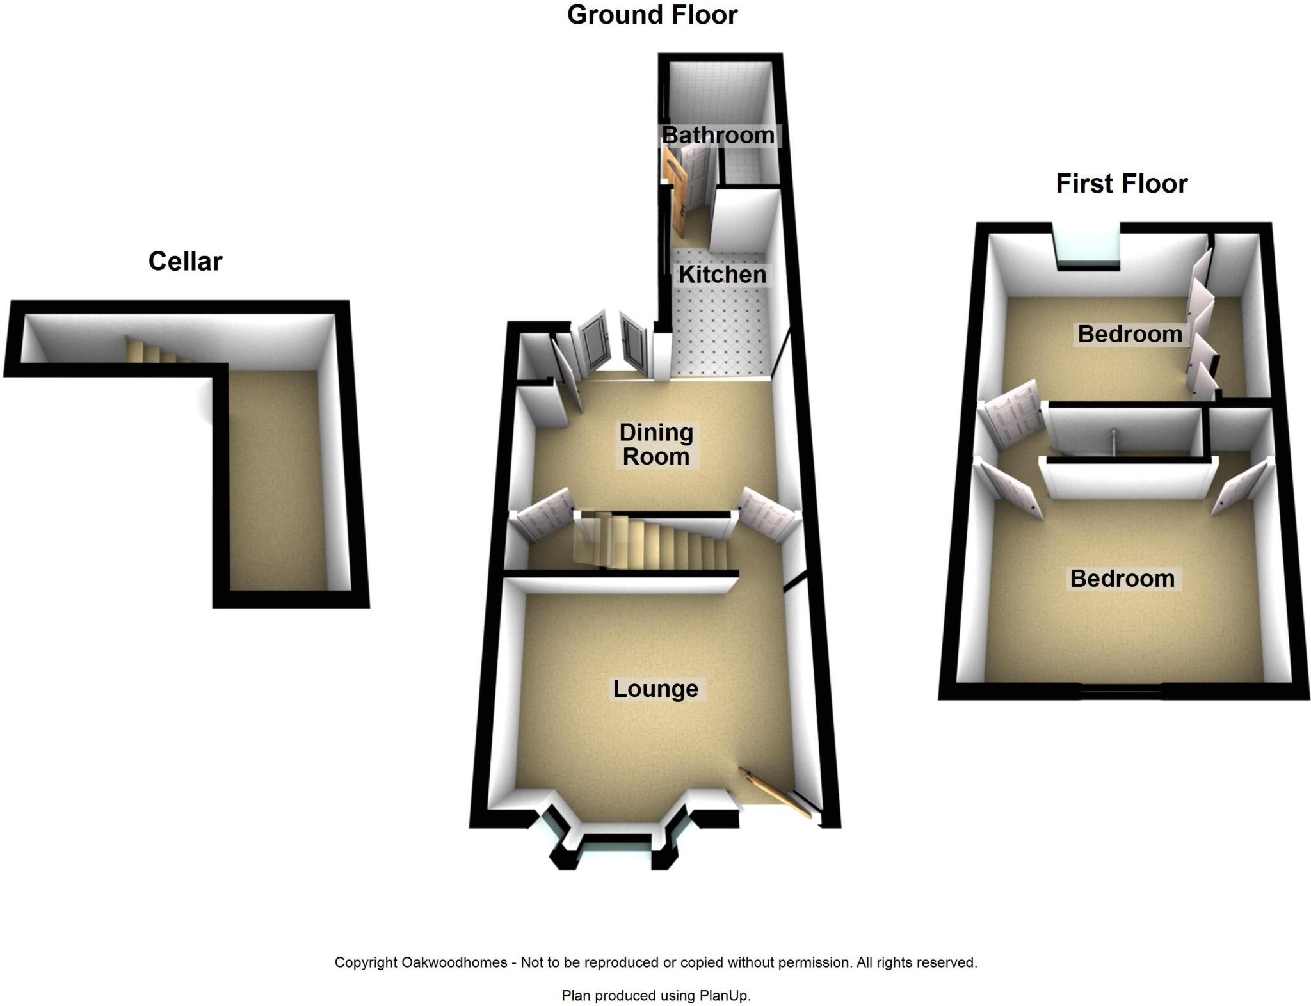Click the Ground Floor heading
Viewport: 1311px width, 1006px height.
pos(652,15)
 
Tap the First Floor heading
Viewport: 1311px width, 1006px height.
pos(1122,184)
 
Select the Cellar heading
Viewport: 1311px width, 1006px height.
pos(185,261)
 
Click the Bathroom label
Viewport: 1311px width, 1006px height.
pos(718,136)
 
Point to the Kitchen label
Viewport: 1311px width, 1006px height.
pos(722,275)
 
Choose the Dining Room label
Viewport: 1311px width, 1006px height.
pos(656,445)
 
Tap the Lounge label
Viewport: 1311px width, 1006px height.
pos(655,689)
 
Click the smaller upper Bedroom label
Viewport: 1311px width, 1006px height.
pos(1130,334)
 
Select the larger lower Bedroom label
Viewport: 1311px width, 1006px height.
pos(1122,579)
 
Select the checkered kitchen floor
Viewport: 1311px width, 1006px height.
pos(717,333)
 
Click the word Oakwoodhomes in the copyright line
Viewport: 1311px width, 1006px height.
pos(454,962)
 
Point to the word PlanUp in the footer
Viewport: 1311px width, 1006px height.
pos(724,995)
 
